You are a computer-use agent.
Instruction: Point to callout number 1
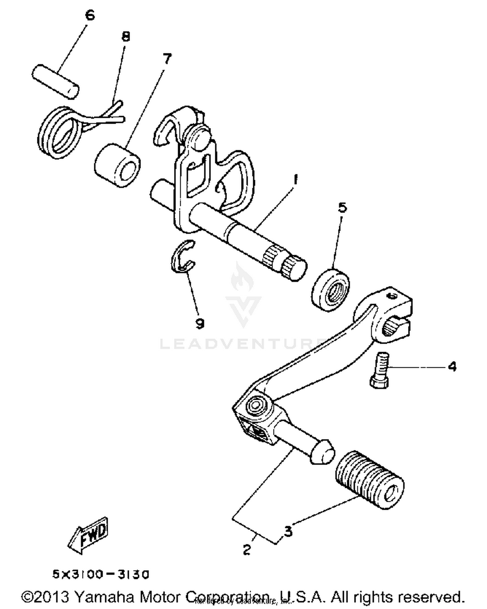coord(295,179)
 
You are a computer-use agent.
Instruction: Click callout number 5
coord(343,207)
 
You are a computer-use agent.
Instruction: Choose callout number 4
coord(452,367)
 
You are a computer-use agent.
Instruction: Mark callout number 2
coord(247,550)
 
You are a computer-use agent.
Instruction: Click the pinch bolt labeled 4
coord(380,370)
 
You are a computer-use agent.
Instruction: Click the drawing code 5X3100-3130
coord(101,574)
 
